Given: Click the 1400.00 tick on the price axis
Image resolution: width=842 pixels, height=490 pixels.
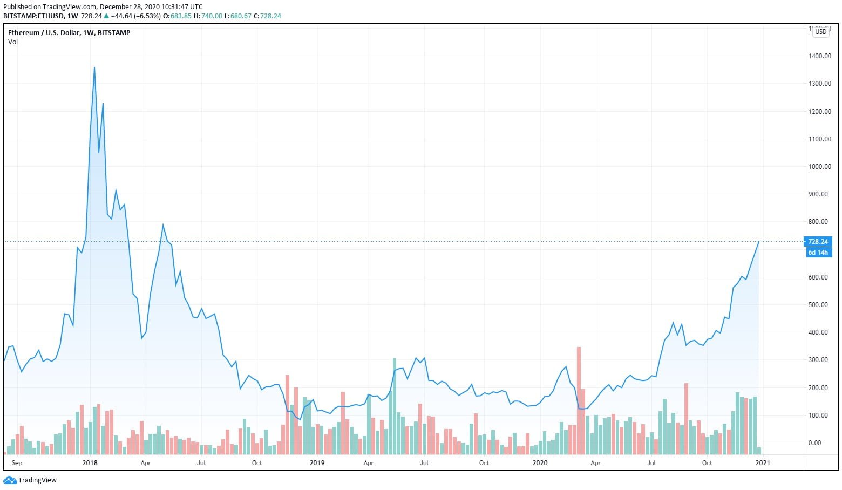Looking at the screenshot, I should point(820,56).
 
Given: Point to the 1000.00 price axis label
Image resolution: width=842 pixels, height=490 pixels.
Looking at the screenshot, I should point(820,167).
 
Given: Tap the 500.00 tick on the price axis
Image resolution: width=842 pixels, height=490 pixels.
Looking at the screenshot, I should point(820,305).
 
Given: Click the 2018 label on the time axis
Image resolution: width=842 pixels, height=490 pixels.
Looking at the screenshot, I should point(90,463).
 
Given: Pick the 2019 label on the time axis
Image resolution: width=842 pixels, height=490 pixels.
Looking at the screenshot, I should point(317,463).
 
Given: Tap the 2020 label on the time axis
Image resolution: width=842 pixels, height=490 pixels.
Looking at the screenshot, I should point(540,463).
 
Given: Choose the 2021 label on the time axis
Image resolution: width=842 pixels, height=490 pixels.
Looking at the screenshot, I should point(763,463).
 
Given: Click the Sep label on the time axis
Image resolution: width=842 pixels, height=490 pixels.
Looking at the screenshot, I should point(17,463).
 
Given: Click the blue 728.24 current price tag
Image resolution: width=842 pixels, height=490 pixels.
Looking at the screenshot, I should point(818,242).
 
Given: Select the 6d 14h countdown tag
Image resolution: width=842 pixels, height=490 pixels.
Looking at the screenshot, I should point(818,253).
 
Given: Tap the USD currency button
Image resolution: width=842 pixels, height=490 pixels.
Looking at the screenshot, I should point(820,32).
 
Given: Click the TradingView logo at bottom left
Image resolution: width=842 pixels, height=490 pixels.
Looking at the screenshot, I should point(30,480).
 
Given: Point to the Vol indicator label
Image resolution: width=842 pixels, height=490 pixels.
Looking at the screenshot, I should point(13,42).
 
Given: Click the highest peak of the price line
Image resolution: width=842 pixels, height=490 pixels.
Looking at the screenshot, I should point(94,68).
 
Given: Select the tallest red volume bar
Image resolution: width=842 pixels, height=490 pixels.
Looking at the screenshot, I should point(579,399).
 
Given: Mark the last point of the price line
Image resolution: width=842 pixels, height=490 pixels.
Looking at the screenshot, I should point(759,242).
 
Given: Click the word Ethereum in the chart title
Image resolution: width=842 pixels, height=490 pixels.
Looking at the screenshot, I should point(24,33).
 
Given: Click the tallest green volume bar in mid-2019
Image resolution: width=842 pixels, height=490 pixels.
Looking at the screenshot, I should point(395,405).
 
